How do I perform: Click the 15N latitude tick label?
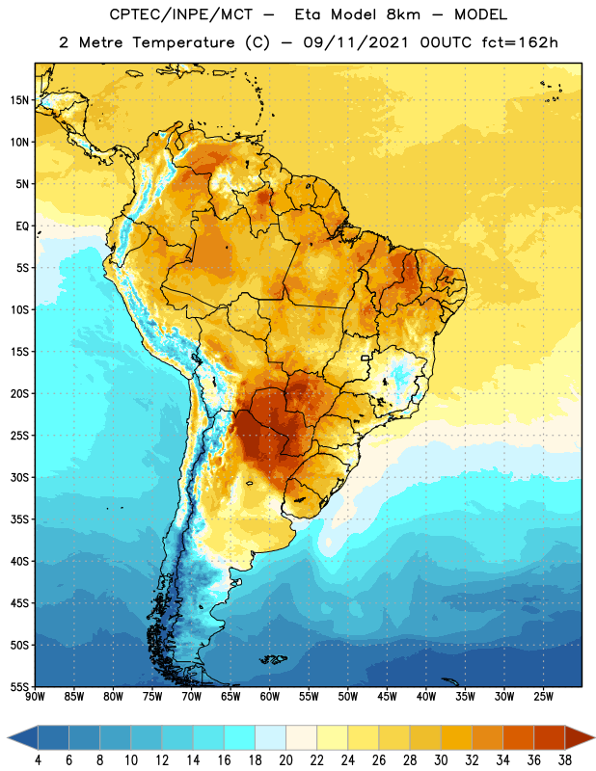click(x=19, y=100)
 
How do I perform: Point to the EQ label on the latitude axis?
click(x=22, y=226)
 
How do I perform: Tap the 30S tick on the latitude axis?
click(x=19, y=477)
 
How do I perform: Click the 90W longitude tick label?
click(x=35, y=697)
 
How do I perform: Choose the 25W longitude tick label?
click(x=543, y=697)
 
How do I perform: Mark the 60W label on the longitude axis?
click(x=270, y=697)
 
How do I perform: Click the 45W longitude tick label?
click(x=387, y=697)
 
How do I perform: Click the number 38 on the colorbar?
click(x=565, y=760)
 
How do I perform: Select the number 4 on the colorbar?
click(x=38, y=760)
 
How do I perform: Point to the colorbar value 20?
click(x=285, y=760)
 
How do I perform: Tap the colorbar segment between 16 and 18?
click(x=239, y=737)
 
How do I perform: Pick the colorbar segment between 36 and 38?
click(x=550, y=737)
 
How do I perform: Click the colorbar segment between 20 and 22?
click(x=301, y=737)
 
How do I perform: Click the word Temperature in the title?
click(x=183, y=42)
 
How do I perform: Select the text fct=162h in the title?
click(x=520, y=42)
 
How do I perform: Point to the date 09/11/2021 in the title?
click(x=356, y=42)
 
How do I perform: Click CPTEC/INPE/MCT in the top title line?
click(x=180, y=14)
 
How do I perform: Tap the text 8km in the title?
click(x=403, y=14)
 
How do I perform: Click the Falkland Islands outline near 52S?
click(x=273, y=659)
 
